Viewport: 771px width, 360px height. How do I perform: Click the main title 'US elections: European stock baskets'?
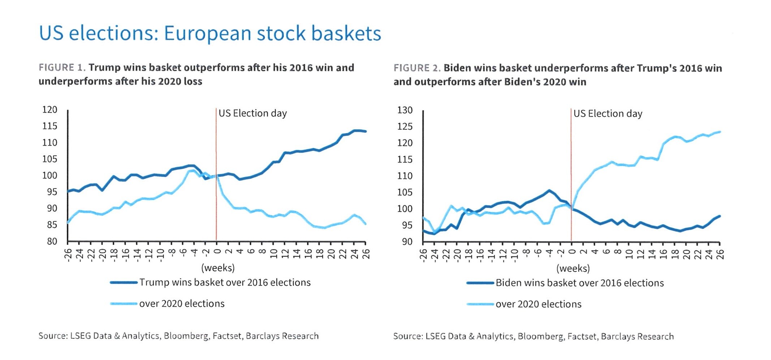(209, 33)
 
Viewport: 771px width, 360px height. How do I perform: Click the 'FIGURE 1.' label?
(62, 68)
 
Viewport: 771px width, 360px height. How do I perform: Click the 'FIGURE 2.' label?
(417, 68)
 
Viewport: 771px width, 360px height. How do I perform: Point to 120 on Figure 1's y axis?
(50, 109)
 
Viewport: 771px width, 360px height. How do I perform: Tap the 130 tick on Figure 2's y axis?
(405, 110)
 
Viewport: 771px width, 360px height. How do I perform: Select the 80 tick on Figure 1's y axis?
(52, 241)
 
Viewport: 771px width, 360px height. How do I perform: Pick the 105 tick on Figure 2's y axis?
(405, 192)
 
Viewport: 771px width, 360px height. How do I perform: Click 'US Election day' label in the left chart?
(252, 113)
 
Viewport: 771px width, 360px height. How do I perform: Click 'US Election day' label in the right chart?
(608, 114)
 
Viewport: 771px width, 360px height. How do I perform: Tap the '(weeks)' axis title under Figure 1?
(218, 268)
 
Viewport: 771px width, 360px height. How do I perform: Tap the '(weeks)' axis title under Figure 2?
(573, 268)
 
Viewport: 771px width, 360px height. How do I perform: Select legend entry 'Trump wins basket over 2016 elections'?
(225, 282)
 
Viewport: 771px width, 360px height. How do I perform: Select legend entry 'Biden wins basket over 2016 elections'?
(579, 283)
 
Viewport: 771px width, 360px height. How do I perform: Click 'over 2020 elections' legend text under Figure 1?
(182, 303)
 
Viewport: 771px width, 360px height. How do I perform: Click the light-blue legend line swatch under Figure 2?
(480, 304)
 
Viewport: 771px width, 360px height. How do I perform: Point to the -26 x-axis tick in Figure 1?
(68, 254)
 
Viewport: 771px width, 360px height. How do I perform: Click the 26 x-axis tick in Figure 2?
(720, 254)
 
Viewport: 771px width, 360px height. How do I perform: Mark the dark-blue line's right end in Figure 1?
(365, 131)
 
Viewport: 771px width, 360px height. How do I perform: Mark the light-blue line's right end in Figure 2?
(720, 132)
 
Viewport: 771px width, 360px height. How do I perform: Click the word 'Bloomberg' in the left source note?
(186, 336)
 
